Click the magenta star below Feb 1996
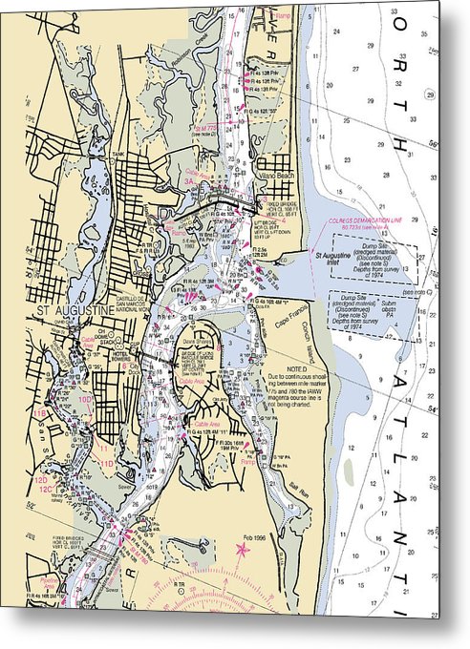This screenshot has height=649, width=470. point(242,551)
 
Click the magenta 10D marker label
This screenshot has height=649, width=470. point(84,400)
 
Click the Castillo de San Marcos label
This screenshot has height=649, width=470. point(133,304)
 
